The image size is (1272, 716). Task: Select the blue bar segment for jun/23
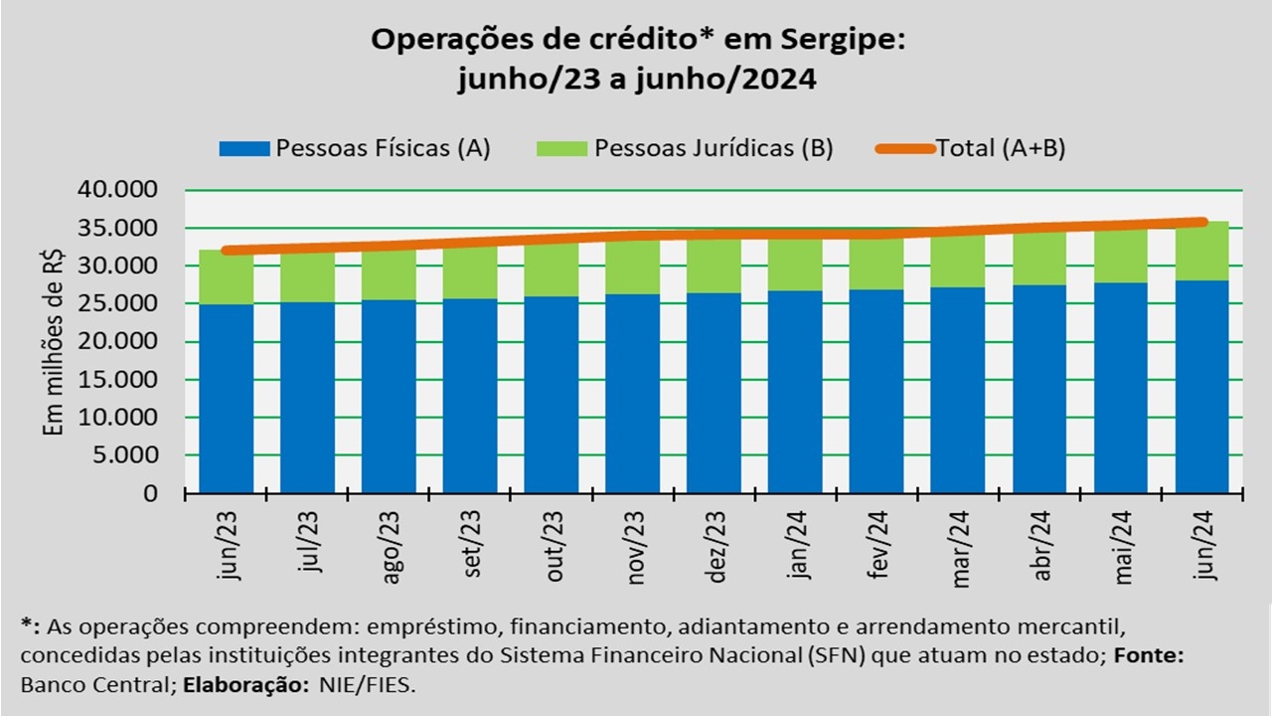(x=226, y=398)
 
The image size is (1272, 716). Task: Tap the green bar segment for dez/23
(x=714, y=264)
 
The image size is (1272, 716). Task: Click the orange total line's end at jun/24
(x=1202, y=222)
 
